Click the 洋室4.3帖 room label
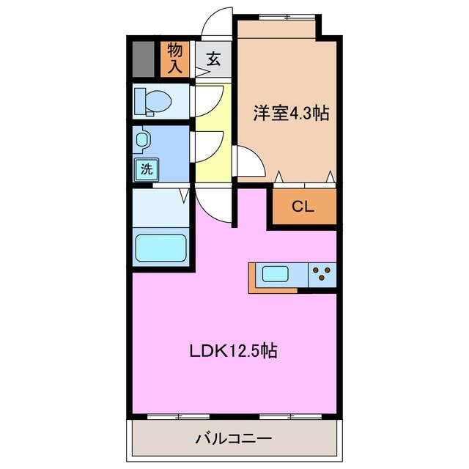[291, 113]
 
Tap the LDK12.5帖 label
[233, 351]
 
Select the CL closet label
[303, 206]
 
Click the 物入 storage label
[175, 58]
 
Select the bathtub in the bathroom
[161, 248]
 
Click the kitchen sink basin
[277, 275]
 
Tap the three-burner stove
[321, 275]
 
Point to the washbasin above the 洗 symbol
[142, 139]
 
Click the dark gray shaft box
[144, 59]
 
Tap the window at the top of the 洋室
[278, 16]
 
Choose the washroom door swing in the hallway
[209, 143]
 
